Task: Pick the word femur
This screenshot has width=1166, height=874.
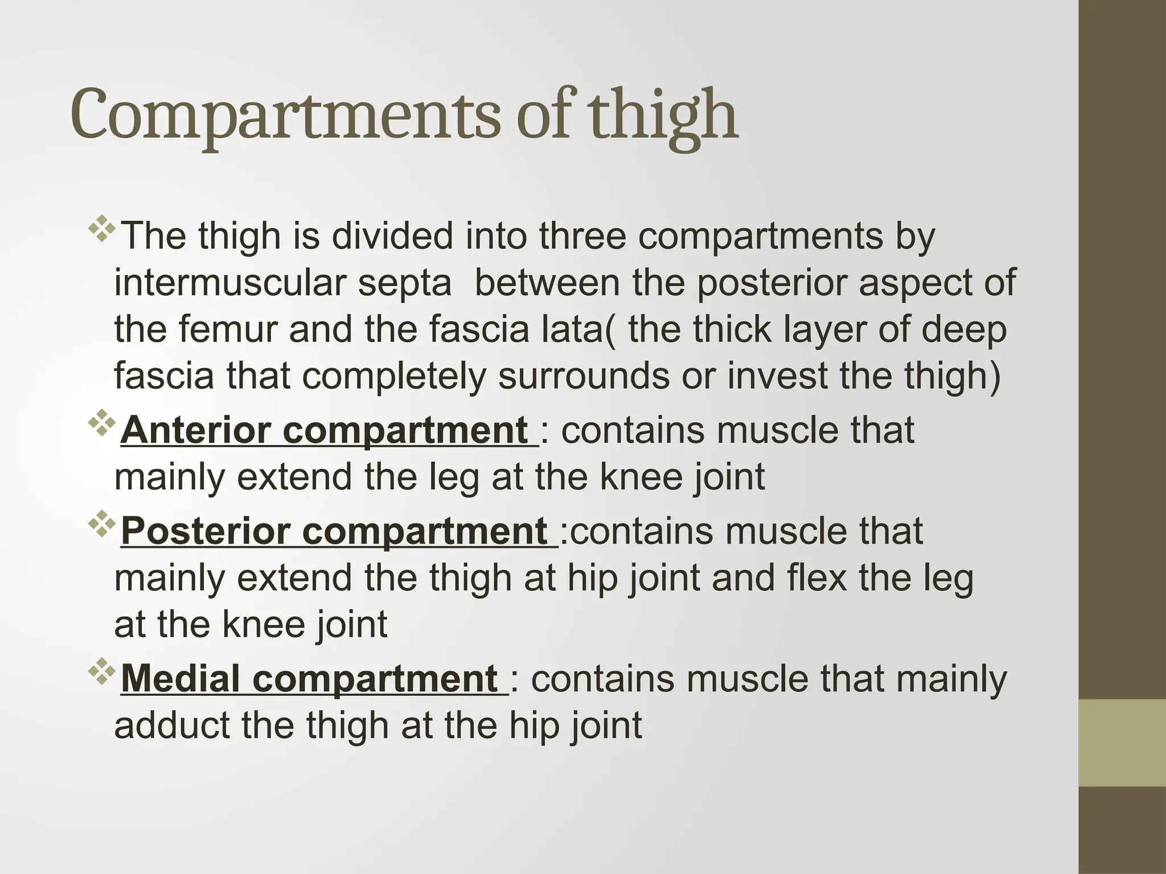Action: click(227, 329)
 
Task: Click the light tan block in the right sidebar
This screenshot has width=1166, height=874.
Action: click(1122, 743)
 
